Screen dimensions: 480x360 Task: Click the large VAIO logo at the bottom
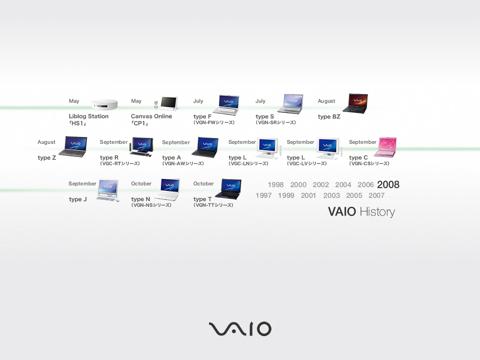tap(240, 329)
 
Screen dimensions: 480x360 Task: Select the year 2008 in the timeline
tap(388, 185)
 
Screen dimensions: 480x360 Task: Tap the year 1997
tap(263, 195)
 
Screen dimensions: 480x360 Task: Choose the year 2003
tap(331, 195)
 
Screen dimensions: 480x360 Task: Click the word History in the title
tap(377, 212)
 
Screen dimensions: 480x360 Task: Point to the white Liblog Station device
tap(105, 104)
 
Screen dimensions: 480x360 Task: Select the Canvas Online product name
tap(151, 116)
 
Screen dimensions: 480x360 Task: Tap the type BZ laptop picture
tap(356, 104)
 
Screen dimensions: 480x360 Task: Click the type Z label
tap(47, 157)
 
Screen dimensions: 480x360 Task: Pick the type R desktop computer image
tap(142, 147)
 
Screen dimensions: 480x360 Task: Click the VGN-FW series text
tap(214, 122)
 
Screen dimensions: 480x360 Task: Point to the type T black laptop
tap(229, 188)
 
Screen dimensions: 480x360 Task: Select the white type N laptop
tap(168, 189)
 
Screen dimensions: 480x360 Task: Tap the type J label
tap(78, 199)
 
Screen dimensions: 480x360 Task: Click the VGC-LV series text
tap(307, 164)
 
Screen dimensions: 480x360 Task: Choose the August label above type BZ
tap(326, 101)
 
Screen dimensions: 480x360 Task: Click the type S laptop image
tap(291, 104)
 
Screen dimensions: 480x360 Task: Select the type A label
tap(172, 157)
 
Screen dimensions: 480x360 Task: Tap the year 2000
tap(298, 185)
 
